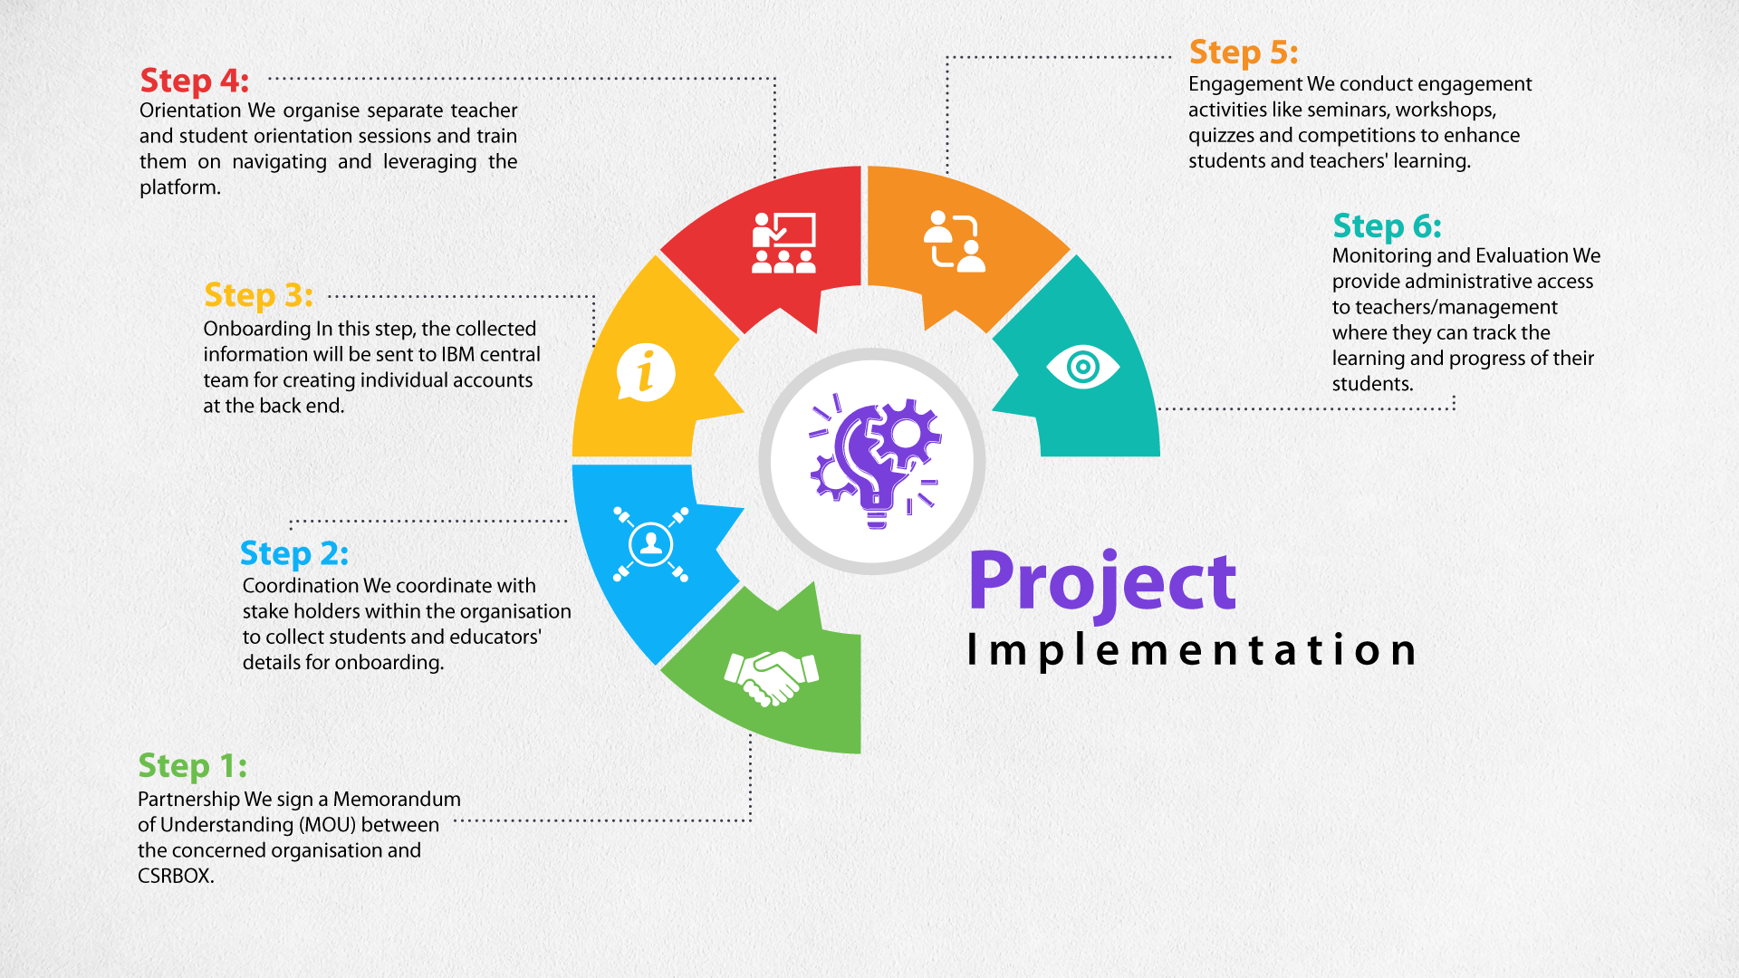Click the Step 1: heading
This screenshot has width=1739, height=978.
pyautogui.click(x=192, y=766)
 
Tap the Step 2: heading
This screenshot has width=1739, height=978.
pyautogui.click(x=294, y=553)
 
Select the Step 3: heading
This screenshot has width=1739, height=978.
pyautogui.click(x=259, y=295)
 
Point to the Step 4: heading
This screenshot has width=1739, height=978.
pyautogui.click(x=195, y=81)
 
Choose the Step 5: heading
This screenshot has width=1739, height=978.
pyautogui.click(x=1244, y=53)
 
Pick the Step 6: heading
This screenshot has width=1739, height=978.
pyautogui.click(x=1387, y=225)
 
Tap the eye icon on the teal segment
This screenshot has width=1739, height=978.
pyautogui.click(x=1083, y=367)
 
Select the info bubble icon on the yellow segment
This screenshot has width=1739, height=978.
pyautogui.click(x=646, y=372)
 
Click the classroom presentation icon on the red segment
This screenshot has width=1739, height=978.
pyautogui.click(x=784, y=243)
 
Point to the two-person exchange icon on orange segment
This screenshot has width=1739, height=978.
pyautogui.click(x=955, y=241)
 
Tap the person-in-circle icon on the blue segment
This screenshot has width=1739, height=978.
pyautogui.click(x=650, y=543)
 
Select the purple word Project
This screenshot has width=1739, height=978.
pyautogui.click(x=1102, y=582)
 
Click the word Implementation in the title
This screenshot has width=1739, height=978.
pyautogui.click(x=1192, y=650)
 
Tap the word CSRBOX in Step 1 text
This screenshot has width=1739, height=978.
pyautogui.click(x=176, y=876)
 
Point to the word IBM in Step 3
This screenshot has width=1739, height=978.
pyautogui.click(x=458, y=354)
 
